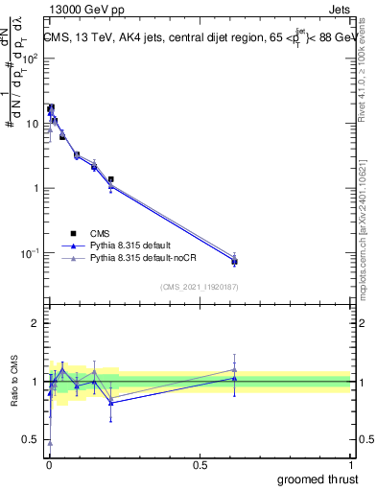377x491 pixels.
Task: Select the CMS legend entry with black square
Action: pos(100,233)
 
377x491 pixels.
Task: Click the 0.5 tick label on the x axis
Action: pos(200,463)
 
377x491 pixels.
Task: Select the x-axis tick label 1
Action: pos(351,463)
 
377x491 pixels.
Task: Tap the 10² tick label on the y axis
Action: pos(30,58)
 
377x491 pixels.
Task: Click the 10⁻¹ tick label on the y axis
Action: pos(30,253)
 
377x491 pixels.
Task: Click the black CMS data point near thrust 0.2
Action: pos(111,179)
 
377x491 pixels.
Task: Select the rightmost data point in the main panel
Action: pos(234,261)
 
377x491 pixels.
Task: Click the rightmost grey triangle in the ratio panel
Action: pos(234,369)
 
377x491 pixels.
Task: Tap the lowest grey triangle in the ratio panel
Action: pos(49,442)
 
